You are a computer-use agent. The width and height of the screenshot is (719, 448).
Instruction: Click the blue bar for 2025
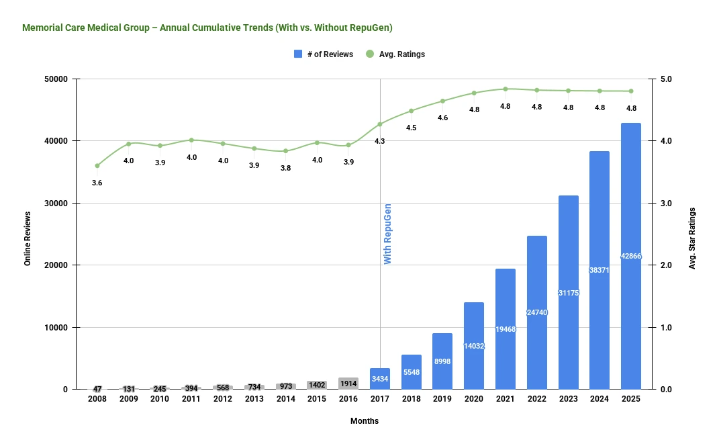coord(630,256)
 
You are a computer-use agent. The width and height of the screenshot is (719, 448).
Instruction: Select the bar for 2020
coord(473,346)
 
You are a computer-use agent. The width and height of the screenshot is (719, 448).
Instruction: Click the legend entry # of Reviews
coord(324,54)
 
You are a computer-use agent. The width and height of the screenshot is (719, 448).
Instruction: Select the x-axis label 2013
coord(254,399)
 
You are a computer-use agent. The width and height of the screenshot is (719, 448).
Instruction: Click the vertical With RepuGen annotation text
coord(387,234)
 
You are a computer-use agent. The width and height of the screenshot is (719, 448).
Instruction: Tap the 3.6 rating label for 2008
coord(97,183)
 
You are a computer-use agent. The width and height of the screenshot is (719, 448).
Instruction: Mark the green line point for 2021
coord(505,89)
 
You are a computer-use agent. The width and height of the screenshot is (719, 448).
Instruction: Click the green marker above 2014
coord(285,151)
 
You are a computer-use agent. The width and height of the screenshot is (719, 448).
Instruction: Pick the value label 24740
coord(536,312)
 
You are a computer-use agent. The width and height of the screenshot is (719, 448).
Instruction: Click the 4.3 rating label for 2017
coord(379,141)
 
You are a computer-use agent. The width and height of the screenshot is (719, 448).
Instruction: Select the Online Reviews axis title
coord(28,238)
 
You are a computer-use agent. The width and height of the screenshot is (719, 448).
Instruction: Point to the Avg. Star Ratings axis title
coord(693,238)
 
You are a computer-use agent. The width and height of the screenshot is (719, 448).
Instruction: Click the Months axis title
coord(364,421)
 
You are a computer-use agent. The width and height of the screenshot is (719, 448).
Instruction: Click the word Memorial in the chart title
coord(41,28)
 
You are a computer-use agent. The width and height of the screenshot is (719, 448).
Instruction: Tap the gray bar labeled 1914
coord(348,384)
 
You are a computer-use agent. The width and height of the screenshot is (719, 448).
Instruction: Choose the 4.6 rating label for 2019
coord(442,118)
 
